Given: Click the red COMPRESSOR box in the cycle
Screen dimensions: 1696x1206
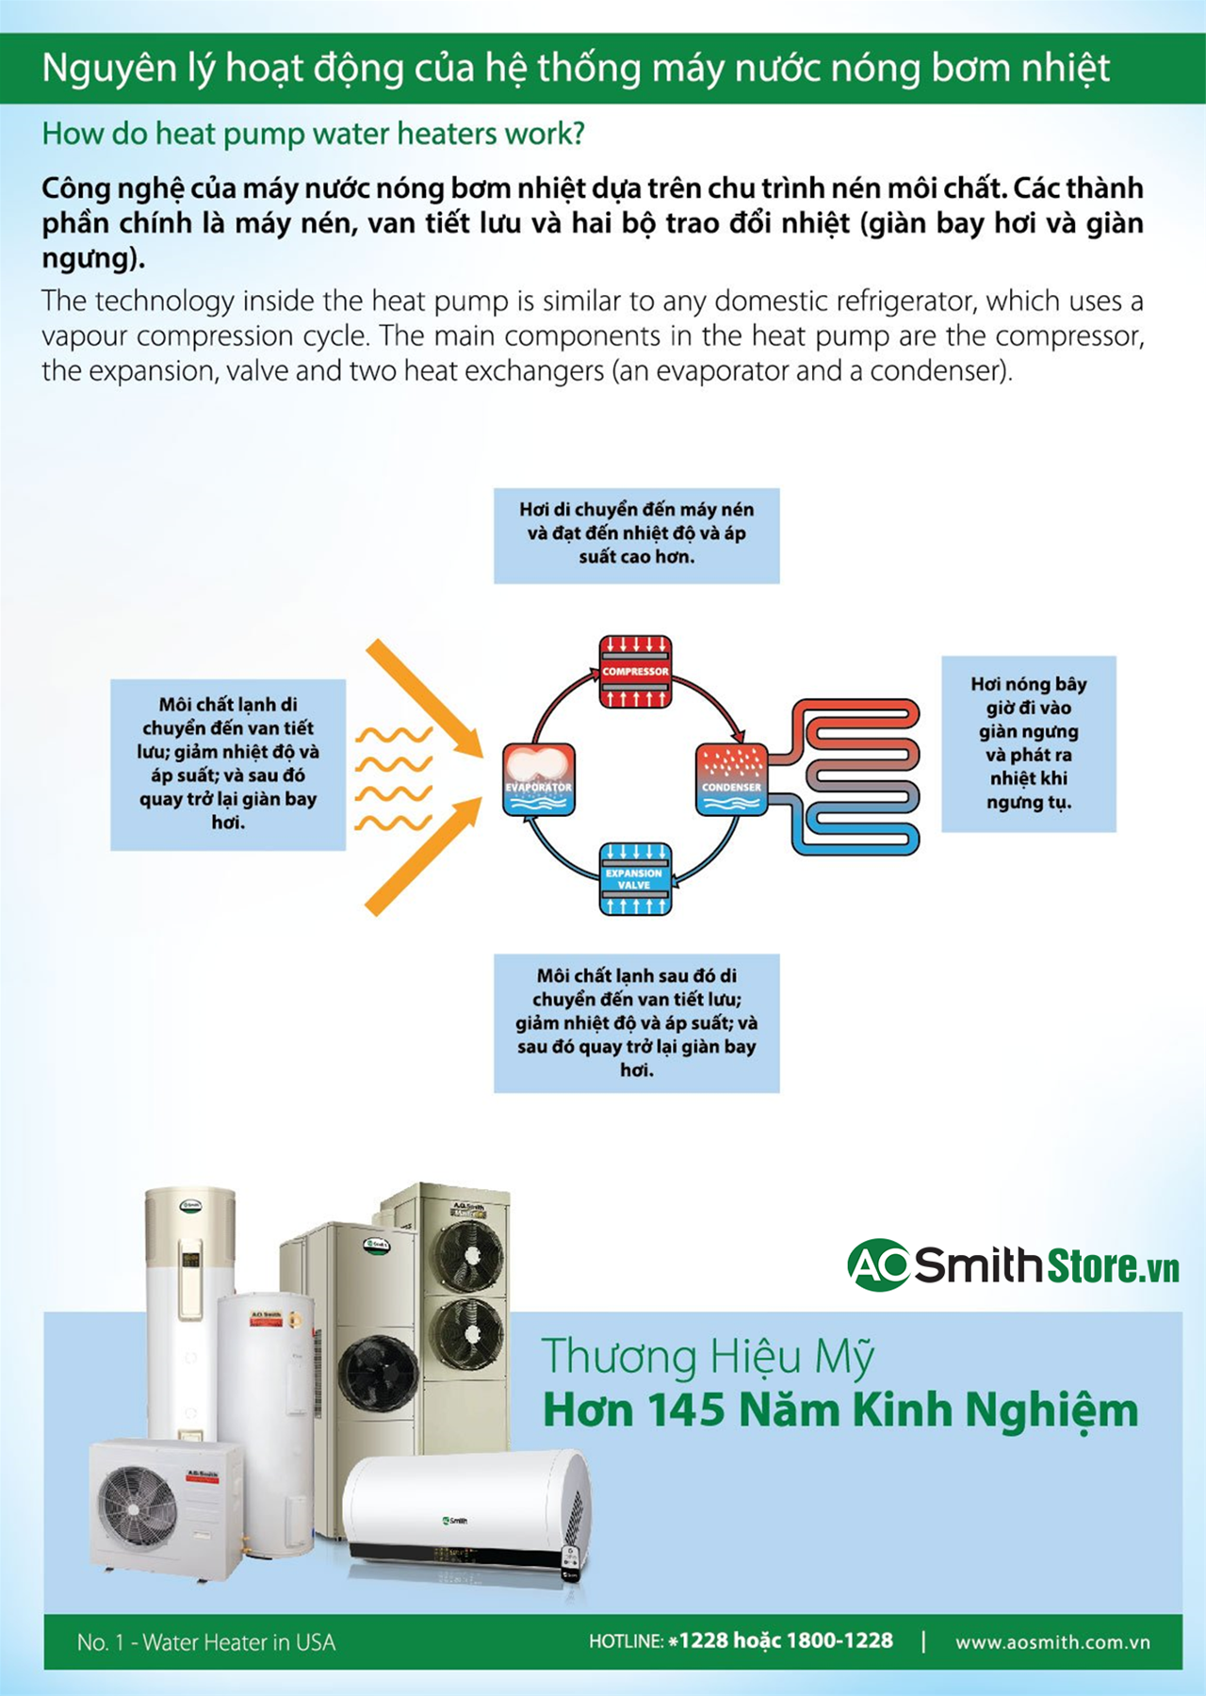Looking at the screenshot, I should (635, 671).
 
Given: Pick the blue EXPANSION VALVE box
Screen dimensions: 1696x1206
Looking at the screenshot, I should (635, 878).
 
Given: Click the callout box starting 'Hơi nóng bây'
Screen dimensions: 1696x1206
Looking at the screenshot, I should (1028, 743).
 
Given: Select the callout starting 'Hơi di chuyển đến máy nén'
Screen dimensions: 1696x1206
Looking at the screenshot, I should (636, 534).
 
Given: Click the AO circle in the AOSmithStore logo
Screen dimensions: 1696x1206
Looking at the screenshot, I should (878, 1264).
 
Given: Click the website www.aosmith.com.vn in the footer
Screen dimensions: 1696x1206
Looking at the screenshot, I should (1052, 1642).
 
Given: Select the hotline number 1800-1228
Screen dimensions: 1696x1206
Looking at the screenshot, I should (839, 1640).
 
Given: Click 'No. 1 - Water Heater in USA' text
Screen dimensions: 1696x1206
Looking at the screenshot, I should (205, 1642).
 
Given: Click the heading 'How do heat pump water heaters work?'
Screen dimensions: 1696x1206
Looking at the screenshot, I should (313, 134).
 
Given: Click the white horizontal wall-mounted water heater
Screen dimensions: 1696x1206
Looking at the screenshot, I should (466, 1508).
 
